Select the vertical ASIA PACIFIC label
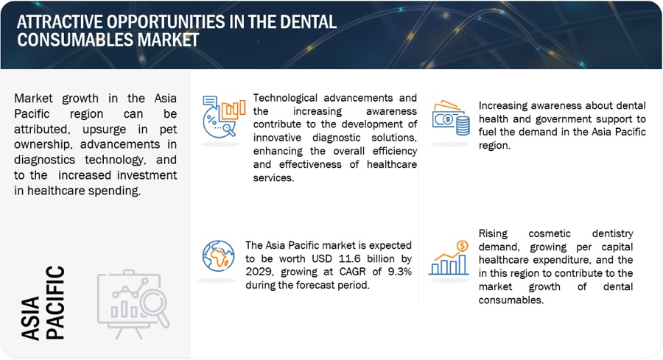pos(43,303)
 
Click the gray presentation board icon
pos(133,304)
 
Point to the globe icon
pos(218,256)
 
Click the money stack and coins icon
pos(451,118)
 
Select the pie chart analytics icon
pos(223,116)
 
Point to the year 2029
pos(259,272)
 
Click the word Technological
pos(285,98)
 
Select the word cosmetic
pos(550,233)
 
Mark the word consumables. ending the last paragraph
pos(511,300)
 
